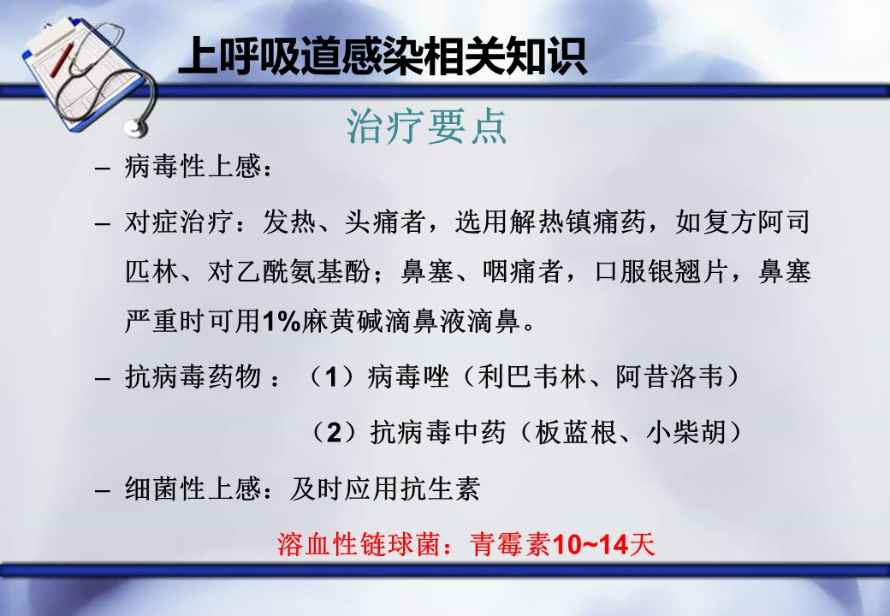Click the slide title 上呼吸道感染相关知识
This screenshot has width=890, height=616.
click(x=382, y=56)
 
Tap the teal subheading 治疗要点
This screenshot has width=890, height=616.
click(x=426, y=126)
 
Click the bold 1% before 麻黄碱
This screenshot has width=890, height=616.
click(x=282, y=322)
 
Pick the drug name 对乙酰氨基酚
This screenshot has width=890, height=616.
click(x=289, y=272)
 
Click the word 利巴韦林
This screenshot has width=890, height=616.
click(x=531, y=376)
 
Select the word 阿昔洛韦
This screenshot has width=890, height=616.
click(x=670, y=376)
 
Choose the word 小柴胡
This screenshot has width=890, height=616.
click(x=687, y=432)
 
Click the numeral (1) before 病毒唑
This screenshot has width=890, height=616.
click(x=332, y=376)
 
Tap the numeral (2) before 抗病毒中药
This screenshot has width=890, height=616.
click(x=335, y=432)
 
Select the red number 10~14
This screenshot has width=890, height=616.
click(x=590, y=544)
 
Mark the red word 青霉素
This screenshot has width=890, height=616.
click(x=510, y=544)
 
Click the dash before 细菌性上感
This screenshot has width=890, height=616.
click(x=102, y=489)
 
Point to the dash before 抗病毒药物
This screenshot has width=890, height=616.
click(x=102, y=377)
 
